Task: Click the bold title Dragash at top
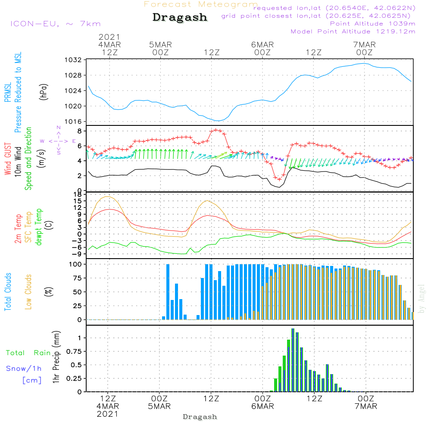(180, 18)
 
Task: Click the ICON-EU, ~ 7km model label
(55, 24)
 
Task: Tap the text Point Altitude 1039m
(372, 24)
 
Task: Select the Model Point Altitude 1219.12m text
(353, 31)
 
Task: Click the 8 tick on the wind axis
(79, 131)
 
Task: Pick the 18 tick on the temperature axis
(78, 195)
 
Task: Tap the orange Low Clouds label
(28, 290)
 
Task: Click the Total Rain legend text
(28, 353)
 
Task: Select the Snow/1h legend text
(24, 369)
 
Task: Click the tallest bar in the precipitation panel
(293, 360)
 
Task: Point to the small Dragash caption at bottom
(200, 417)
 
